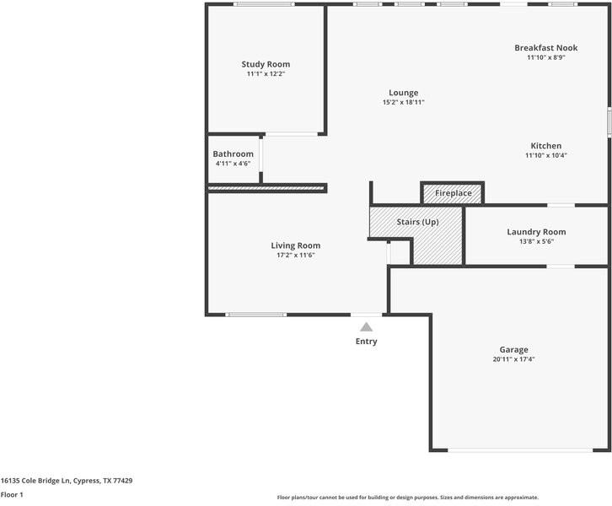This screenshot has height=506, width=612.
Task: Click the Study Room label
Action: [x=266, y=64]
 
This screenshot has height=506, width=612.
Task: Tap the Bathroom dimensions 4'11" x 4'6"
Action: [x=233, y=164]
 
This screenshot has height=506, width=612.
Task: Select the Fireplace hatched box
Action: [x=453, y=193]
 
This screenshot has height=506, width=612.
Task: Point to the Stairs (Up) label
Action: [x=417, y=222]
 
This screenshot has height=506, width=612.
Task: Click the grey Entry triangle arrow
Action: [x=366, y=327]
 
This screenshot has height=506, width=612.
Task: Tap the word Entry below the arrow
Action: [x=366, y=342]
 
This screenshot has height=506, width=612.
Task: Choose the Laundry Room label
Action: [x=536, y=232]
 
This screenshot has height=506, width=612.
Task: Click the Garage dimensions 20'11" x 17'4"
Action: [x=513, y=359]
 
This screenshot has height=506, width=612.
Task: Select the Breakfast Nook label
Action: [x=546, y=47]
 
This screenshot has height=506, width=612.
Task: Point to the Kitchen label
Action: [x=546, y=146]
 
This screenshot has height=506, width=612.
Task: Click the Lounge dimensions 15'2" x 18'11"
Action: [x=404, y=102]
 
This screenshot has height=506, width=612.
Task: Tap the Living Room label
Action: [x=296, y=245]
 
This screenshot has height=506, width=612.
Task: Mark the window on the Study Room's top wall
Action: [x=264, y=4]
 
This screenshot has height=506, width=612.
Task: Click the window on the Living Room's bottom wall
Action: [x=256, y=315]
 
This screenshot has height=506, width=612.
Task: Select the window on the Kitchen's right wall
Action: [x=609, y=122]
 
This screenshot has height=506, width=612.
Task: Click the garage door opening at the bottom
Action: [x=520, y=450]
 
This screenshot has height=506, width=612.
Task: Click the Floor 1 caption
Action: [x=12, y=495]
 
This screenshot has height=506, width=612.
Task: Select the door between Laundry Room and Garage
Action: [x=561, y=266]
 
